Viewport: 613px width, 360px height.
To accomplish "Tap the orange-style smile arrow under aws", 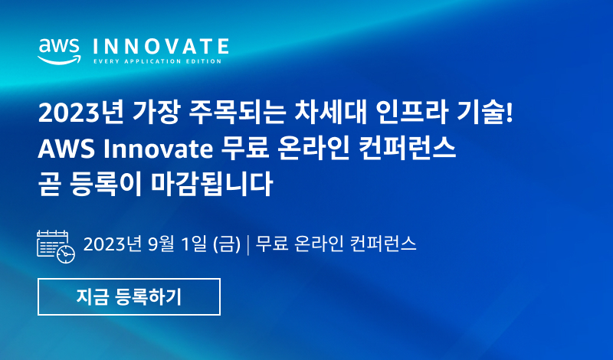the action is click(59, 60).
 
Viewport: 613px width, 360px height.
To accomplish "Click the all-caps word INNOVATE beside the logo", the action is click(161, 47).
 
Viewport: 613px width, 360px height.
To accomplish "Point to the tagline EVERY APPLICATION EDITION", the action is click(157, 61).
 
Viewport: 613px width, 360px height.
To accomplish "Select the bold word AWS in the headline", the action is click(66, 149).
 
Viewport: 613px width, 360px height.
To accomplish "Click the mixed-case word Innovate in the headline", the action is click(158, 149).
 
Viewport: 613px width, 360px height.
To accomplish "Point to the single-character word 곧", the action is click(49, 184).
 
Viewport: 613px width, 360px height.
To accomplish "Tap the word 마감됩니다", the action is click(211, 184).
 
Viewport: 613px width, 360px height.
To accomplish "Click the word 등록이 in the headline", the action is click(106, 184).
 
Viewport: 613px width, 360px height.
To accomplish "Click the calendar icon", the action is click(56, 246).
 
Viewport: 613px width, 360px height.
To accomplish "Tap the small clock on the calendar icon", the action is click(66, 254).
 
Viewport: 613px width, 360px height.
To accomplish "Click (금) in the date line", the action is click(227, 244).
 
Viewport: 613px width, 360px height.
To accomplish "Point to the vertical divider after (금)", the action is click(248, 244).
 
